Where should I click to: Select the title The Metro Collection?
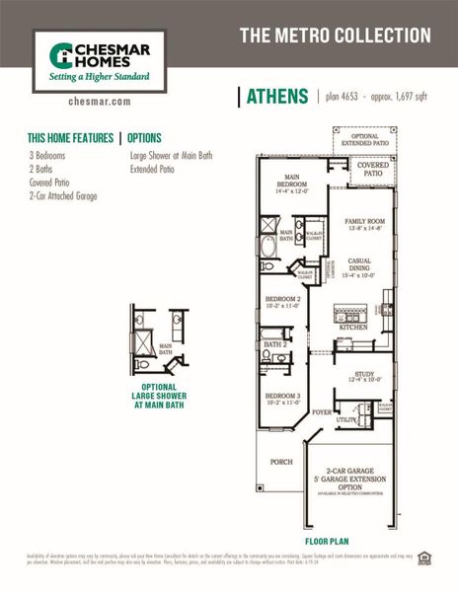[x=335, y=36]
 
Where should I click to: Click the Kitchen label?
[x=353, y=327]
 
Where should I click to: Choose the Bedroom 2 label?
[x=283, y=301]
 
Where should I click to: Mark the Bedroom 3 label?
[x=283, y=399]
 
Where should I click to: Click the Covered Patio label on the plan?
[x=371, y=169]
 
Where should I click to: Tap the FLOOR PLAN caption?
[x=327, y=542]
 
